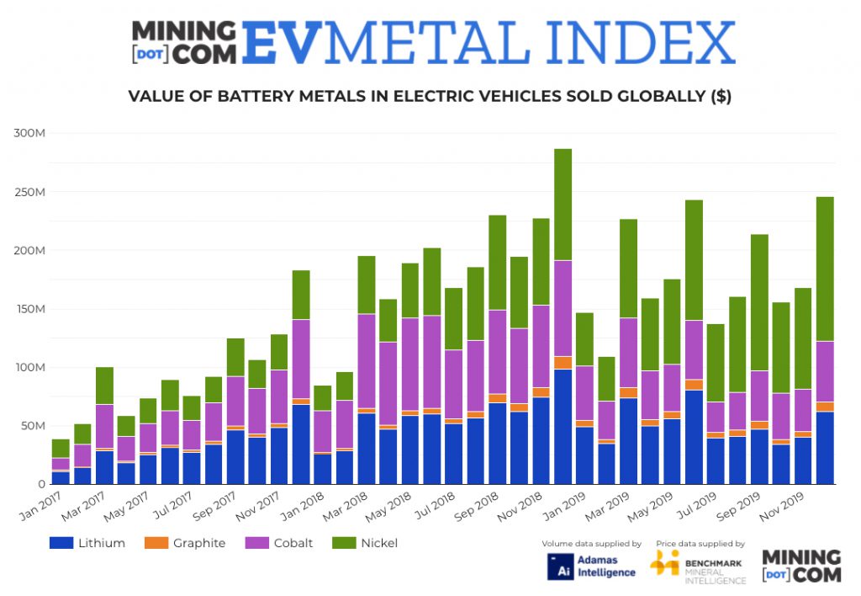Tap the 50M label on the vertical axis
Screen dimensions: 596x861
click(x=36, y=425)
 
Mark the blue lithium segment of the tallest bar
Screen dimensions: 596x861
click(x=563, y=426)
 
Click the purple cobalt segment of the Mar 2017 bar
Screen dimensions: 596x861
click(x=104, y=426)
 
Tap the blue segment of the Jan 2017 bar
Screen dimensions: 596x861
click(x=61, y=477)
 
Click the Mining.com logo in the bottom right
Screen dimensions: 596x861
click(x=800, y=566)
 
